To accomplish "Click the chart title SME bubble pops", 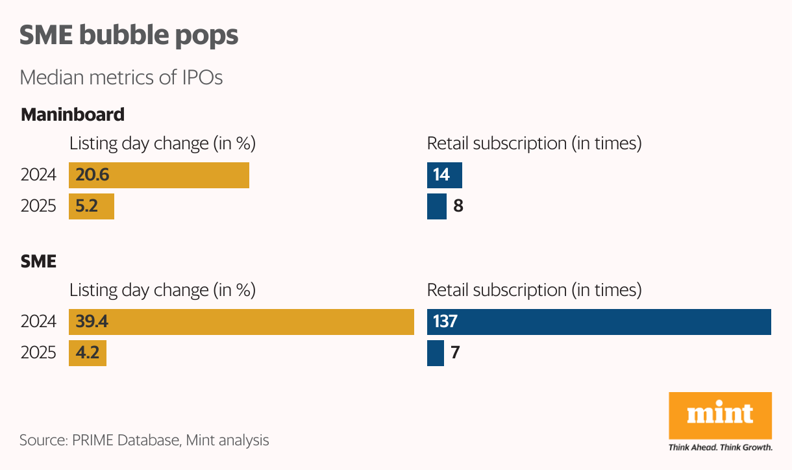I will tap(129, 36).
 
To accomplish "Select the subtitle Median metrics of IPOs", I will tap(121, 77).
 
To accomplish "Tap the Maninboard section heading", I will tap(72, 115).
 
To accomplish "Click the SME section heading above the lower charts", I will tap(38, 262).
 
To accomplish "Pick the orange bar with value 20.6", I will tap(159, 175).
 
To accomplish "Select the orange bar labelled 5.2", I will tap(92, 206).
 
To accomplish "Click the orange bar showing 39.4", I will tap(241, 322).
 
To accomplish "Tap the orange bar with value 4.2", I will tap(88, 353).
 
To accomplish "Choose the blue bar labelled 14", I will tap(444, 175).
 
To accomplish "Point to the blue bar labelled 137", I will tap(599, 322).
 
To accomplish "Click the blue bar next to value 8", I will tap(436, 206).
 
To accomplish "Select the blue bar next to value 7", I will tap(435, 353).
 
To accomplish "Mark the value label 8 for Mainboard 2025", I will tap(458, 206).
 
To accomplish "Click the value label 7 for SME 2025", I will tap(455, 353).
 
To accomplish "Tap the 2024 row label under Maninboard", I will tap(38, 175).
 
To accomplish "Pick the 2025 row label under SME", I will tap(38, 353).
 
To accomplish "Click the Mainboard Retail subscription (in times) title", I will tap(534, 143).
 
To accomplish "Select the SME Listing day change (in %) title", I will tap(162, 290).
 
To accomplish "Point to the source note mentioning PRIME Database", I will tap(144, 440).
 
